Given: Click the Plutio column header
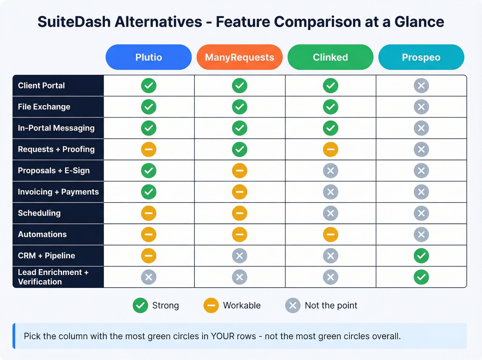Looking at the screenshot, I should click(148, 57).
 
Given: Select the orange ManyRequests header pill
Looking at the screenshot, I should click(239, 57).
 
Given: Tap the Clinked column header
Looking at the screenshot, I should click(330, 57).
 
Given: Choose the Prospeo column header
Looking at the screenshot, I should click(421, 57).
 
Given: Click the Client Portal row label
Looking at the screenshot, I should click(41, 85).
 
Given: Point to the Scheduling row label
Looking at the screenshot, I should click(39, 213).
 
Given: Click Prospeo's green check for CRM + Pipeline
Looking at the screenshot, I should click(421, 256).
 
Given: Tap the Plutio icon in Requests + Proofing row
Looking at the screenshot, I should click(149, 150).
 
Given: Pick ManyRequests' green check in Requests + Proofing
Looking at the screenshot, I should click(240, 150).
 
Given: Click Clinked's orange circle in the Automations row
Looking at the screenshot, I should click(331, 235).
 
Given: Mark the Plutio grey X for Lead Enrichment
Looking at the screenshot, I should click(149, 277).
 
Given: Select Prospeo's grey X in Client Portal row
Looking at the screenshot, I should click(421, 85).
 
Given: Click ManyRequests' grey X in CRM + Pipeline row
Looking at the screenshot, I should click(240, 256).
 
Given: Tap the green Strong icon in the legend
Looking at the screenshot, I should click(140, 306).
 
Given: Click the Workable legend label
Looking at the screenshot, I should click(242, 306).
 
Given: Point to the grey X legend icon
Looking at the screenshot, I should click(293, 306).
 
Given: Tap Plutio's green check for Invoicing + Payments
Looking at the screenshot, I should click(149, 192).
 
